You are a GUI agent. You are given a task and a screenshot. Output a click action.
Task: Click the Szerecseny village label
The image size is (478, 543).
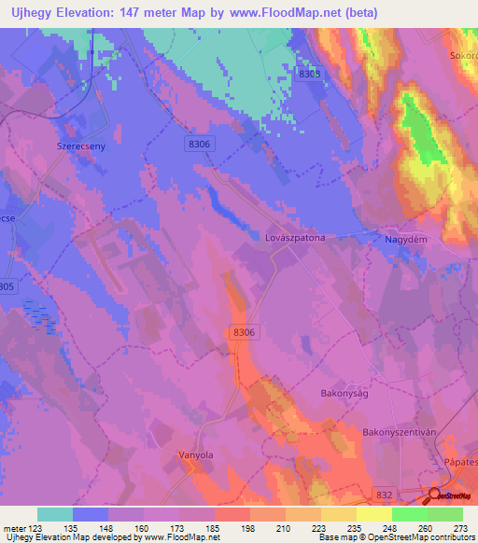point(60,147)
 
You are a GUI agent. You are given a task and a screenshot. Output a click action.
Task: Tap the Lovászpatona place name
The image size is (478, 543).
point(295,238)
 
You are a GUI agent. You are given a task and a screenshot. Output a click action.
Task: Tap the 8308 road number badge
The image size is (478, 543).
point(310,74)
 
